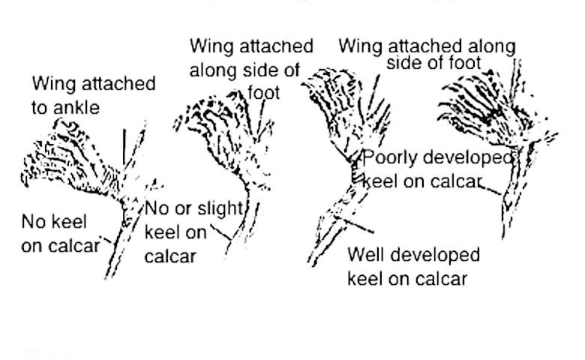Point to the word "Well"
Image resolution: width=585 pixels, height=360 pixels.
(365, 254)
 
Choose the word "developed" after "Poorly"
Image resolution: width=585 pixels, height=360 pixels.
(466, 158)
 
